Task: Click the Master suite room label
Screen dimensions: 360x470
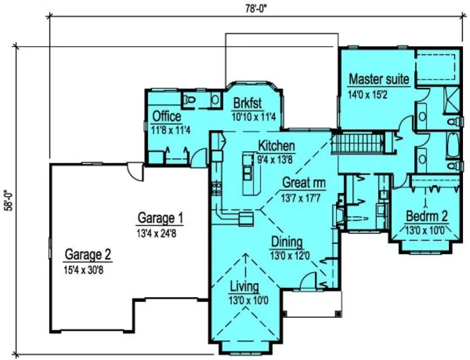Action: pos(378,79)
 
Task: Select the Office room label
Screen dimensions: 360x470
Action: pos(166,116)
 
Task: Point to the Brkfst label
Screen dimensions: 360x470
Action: pos(248,103)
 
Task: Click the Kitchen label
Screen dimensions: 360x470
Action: pos(276,145)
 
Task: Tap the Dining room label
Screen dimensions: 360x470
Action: pos(287,242)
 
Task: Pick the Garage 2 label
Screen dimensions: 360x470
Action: pos(88,254)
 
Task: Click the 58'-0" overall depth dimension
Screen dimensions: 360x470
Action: pos(7,200)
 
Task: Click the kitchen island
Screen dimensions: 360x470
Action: pos(250,174)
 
